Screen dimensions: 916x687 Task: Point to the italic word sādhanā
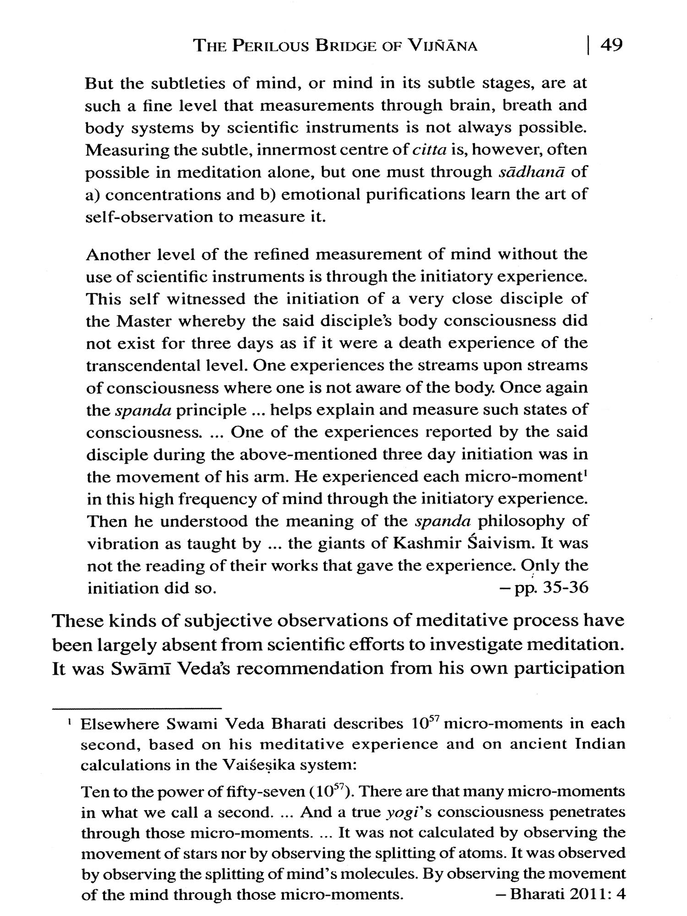pos(526,172)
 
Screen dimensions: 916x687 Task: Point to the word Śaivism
pos(501,544)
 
